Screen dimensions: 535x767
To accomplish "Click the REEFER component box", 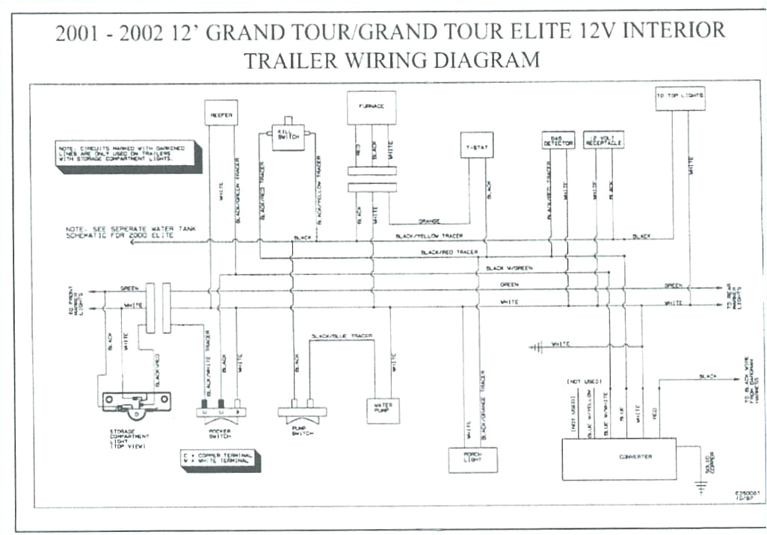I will point(221,114).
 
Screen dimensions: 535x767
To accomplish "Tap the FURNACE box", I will point(371,108).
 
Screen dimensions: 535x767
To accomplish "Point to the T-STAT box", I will point(476,145).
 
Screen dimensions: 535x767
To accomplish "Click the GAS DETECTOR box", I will point(557,140).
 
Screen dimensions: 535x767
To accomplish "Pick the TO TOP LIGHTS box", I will point(680,97).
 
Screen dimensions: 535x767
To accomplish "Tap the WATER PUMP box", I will point(383,409).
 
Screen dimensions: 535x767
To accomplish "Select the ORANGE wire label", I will point(430,221).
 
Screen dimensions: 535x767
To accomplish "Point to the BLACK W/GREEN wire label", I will point(509,268).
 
